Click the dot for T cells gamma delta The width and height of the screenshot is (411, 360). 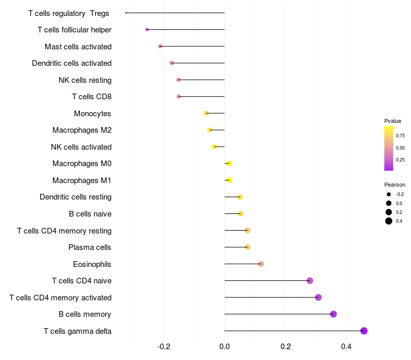pos(364,331)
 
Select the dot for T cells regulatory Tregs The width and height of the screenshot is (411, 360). pos(126,13)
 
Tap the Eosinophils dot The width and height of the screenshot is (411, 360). pos(261,264)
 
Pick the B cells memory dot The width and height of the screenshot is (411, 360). pos(333,314)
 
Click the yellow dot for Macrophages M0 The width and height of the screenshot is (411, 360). pos(229,164)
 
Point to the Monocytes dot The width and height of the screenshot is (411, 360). pos(207,113)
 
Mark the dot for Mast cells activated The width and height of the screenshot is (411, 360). pos(160,46)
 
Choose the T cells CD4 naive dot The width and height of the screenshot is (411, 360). pos(310,281)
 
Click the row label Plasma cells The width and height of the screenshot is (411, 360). pos(89,247)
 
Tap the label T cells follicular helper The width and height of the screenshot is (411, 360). pos(74,30)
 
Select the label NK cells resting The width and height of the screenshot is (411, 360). pos(85,80)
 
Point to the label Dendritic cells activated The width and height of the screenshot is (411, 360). pos(71,63)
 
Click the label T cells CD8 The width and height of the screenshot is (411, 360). pos(92,97)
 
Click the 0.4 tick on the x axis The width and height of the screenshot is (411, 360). pos(346,347)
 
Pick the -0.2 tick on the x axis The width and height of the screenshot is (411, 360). pos(163,347)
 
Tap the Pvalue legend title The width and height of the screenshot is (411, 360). pos(393,121)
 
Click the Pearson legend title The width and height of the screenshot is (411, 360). pos(395,185)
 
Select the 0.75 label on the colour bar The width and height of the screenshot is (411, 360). pos(400,136)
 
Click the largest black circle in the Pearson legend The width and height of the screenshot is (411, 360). pos(389,221)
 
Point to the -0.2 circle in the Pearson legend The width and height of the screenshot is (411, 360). pos(389,194)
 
